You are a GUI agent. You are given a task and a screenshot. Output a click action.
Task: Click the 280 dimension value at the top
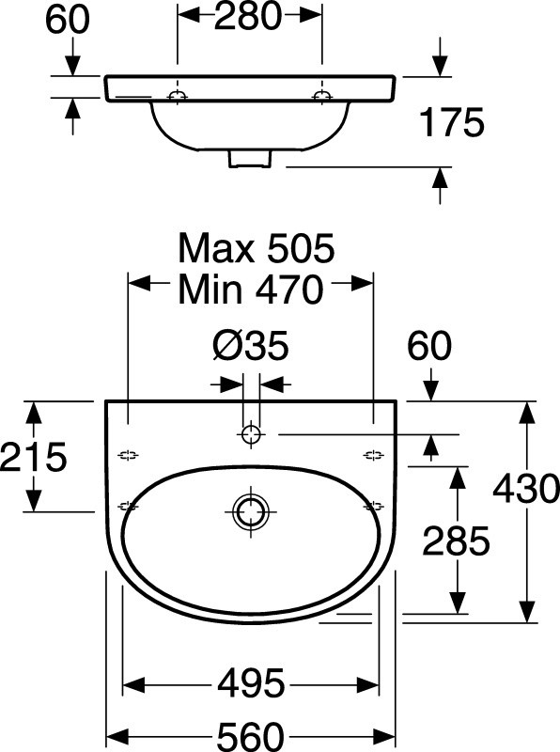point(247,17)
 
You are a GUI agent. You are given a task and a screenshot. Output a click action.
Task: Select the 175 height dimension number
point(452,122)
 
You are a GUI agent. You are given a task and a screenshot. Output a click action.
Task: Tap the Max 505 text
point(256,248)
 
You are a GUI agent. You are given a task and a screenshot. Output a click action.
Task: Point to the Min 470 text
point(251,290)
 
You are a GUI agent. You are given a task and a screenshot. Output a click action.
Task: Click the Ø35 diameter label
point(250,345)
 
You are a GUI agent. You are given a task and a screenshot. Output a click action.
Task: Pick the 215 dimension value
point(34,457)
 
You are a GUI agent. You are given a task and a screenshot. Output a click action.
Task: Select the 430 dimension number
point(526,488)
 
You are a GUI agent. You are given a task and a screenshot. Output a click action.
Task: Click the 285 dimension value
point(456,540)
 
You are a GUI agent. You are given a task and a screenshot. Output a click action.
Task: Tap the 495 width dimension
point(251,683)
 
